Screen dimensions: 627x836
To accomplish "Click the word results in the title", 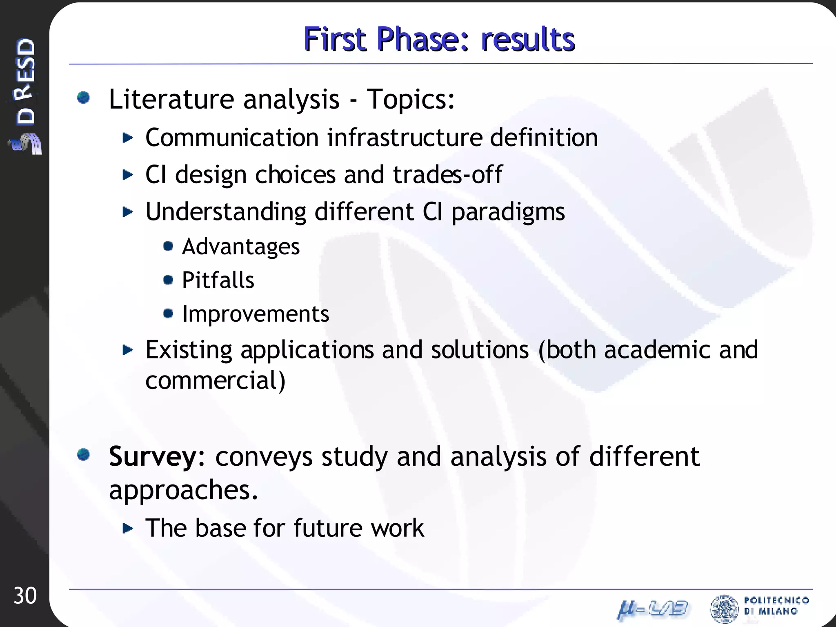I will tap(528, 39).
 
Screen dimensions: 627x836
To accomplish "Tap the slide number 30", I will tap(25, 596).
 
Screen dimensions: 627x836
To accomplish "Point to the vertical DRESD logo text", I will tap(25, 82).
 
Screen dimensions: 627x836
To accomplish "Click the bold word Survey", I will tap(153, 457).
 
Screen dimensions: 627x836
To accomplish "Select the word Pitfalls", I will tap(218, 280).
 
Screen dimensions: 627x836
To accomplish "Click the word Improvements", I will tap(256, 314).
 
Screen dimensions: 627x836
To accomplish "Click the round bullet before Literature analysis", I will tap(84, 98).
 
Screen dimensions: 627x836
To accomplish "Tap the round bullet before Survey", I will tap(84, 454).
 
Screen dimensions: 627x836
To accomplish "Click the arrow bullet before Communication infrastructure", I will tap(128, 138).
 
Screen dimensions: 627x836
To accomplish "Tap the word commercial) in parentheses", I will tap(215, 380).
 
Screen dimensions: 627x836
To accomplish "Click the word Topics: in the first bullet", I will tap(410, 99).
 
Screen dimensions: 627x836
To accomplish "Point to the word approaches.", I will tap(183, 489).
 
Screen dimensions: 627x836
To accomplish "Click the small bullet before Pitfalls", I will tap(168, 280).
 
